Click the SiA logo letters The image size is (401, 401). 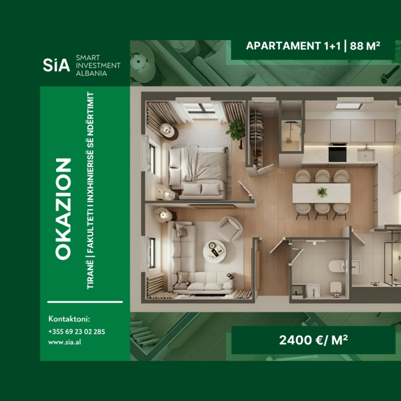click(56, 65)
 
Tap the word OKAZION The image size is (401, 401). click(63, 208)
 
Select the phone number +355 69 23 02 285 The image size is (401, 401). click(77, 332)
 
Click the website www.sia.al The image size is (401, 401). click(63, 342)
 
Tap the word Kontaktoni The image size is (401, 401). click(69, 319)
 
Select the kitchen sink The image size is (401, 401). click(366, 153)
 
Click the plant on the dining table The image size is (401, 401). click(322, 192)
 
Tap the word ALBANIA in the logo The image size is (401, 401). click(91, 74)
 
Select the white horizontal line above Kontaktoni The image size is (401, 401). click(85, 302)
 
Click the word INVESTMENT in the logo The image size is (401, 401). click(98, 65)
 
